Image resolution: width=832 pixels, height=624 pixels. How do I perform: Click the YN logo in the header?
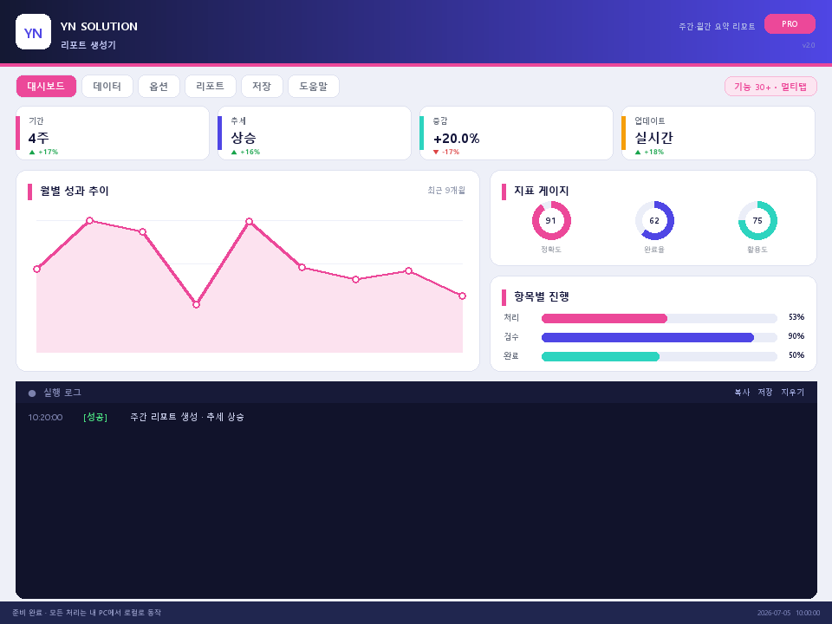(34, 32)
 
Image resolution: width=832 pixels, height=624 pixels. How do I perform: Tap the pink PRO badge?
(790, 24)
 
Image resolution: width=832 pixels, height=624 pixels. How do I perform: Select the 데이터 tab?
(107, 87)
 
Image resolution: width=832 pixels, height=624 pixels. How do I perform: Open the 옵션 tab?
(159, 87)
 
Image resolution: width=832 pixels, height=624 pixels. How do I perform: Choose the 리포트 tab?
(210, 87)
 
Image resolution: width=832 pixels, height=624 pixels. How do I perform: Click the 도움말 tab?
(314, 87)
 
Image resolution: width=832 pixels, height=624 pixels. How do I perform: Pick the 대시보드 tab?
(46, 87)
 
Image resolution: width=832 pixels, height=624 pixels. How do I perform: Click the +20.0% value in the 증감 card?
(457, 139)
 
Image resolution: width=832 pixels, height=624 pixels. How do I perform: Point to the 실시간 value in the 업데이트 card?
(653, 138)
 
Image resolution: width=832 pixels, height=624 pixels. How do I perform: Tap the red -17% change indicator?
(446, 152)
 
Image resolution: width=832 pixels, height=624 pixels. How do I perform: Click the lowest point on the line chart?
(197, 304)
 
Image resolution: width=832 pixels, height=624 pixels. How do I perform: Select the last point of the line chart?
(462, 296)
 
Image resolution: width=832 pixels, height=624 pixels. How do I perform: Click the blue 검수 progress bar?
(647, 337)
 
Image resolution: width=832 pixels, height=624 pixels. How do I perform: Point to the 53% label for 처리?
(796, 317)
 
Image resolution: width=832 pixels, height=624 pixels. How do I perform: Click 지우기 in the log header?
(793, 392)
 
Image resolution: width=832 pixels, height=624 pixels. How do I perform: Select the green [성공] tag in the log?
(95, 417)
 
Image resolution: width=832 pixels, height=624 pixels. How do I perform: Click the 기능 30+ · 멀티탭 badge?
(770, 87)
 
